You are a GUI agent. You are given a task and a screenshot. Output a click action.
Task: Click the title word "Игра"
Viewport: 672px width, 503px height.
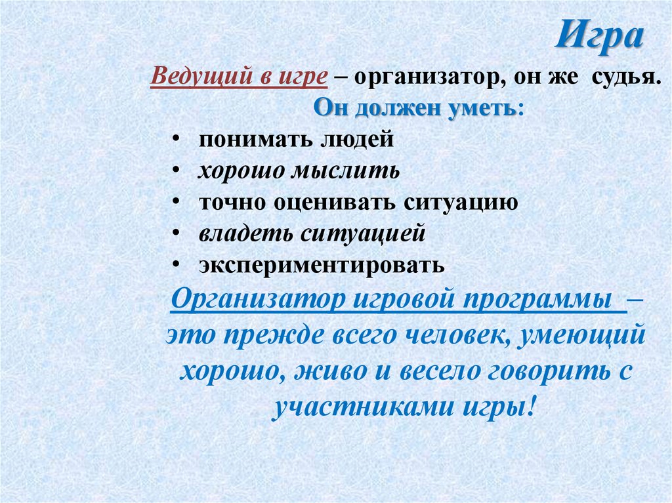(x=600, y=37)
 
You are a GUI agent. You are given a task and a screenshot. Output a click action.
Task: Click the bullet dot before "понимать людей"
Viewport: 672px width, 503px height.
(x=178, y=140)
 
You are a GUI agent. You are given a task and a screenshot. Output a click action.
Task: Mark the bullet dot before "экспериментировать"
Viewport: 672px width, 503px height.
(x=178, y=266)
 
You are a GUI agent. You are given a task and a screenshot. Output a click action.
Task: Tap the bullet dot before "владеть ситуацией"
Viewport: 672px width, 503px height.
(x=178, y=234)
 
